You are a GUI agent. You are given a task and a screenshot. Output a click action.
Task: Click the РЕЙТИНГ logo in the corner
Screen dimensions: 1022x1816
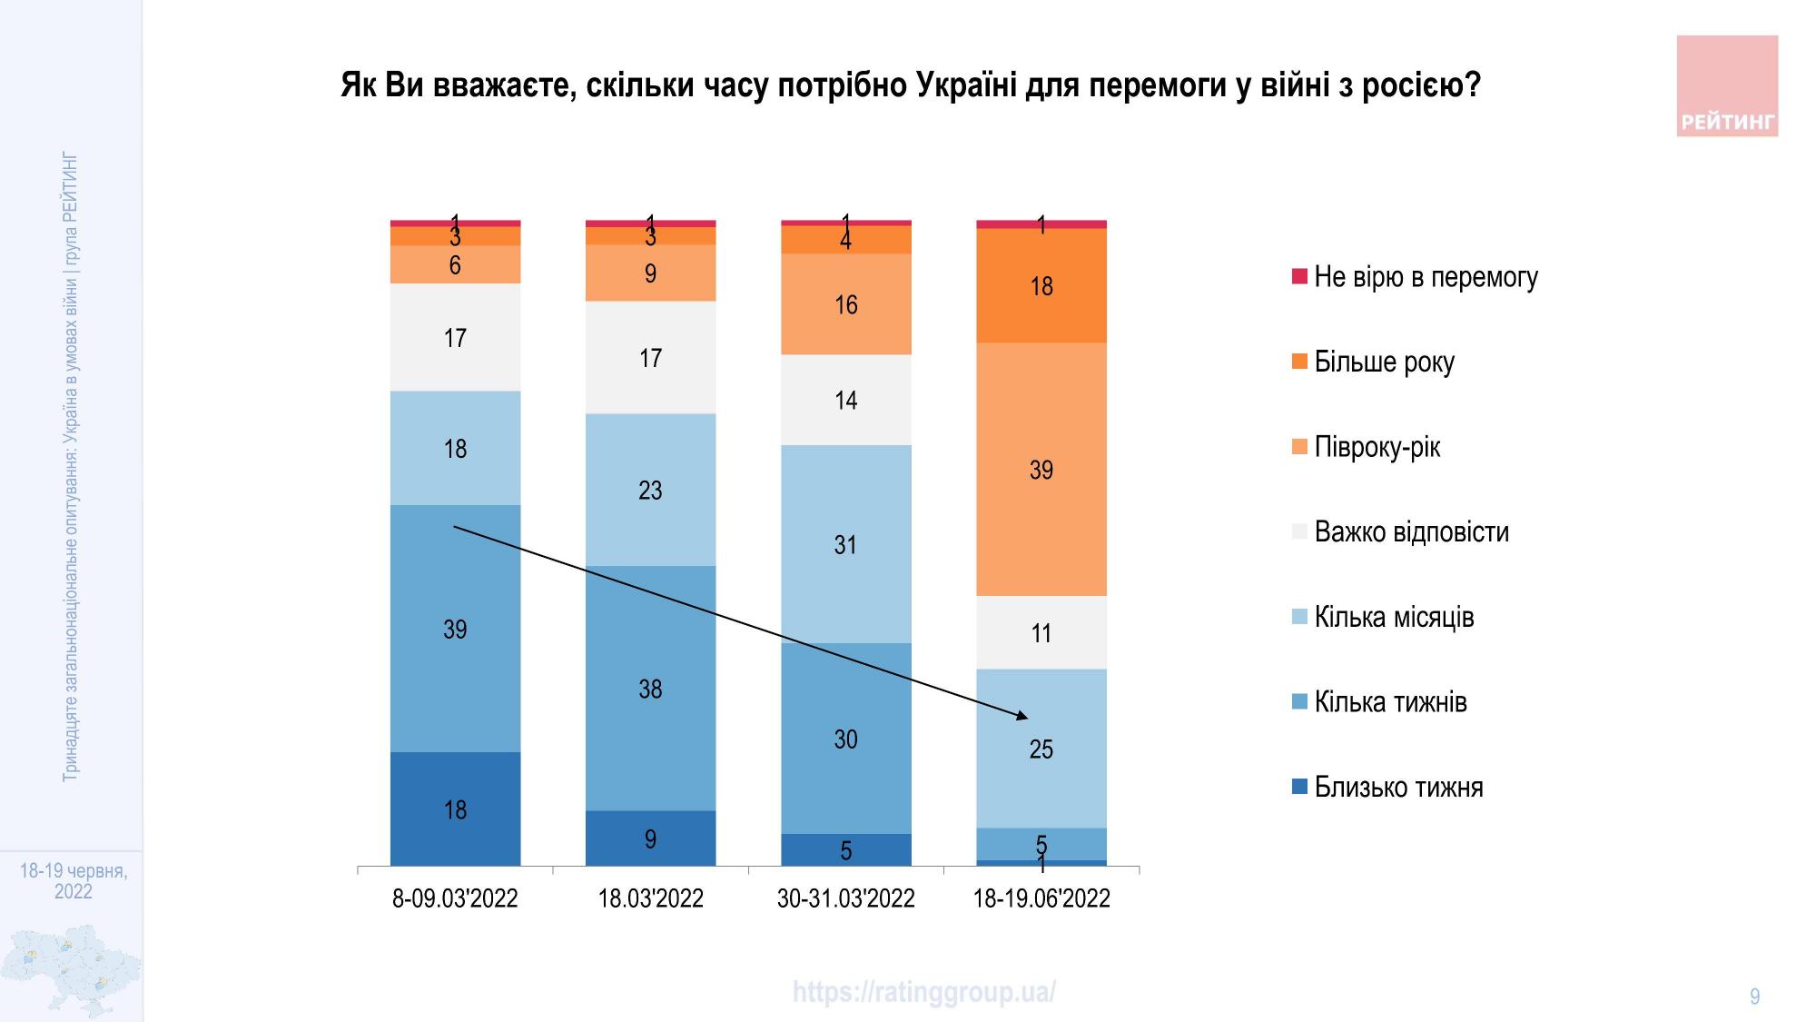tap(1726, 86)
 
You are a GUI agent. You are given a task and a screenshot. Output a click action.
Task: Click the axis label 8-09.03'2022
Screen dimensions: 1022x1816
tap(455, 899)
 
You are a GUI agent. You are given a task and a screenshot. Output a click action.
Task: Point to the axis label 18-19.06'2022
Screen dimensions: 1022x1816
tap(1041, 899)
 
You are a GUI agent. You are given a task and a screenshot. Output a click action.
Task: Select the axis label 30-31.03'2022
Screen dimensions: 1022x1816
tap(845, 899)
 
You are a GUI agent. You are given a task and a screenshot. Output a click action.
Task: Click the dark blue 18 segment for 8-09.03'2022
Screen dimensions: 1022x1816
tap(455, 809)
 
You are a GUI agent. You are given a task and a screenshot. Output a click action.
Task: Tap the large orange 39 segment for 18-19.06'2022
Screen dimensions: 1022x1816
tap(1041, 469)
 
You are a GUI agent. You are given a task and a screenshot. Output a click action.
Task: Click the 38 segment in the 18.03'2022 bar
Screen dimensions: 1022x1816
tap(650, 689)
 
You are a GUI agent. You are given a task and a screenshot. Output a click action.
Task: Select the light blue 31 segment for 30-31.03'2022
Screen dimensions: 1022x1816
tap(845, 544)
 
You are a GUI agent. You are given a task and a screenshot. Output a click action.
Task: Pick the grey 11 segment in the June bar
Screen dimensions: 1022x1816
tap(1041, 632)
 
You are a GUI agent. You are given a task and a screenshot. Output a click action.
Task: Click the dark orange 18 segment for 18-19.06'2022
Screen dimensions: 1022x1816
tap(1041, 285)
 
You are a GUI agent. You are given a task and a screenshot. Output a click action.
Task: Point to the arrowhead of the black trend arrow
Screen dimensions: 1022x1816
tap(1023, 717)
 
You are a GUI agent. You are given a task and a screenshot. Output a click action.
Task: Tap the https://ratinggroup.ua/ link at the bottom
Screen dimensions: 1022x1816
tap(923, 992)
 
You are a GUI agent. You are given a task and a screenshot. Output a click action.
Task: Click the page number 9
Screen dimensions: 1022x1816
tap(1754, 997)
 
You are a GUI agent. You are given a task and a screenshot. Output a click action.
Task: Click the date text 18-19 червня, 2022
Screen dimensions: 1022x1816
tap(74, 881)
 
